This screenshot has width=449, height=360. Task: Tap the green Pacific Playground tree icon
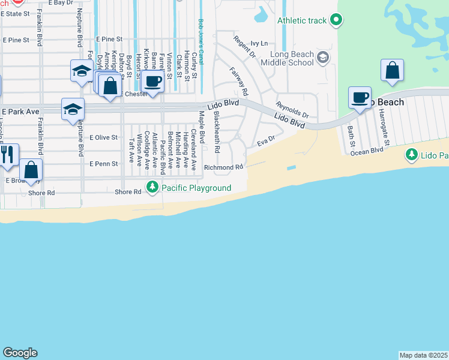[153, 188]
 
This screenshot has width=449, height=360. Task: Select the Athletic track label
[302, 21]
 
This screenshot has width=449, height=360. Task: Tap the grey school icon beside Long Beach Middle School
[323, 58]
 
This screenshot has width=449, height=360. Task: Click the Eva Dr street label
[265, 142]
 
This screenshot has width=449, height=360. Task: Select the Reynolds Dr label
[292, 109]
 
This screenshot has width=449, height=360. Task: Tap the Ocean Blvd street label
[367, 151]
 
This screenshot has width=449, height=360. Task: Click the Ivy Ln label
[259, 43]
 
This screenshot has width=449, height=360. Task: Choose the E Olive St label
[103, 137]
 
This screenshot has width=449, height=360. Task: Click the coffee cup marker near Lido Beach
[361, 98]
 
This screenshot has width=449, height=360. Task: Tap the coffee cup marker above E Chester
[153, 82]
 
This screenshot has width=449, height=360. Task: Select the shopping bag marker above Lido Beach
[392, 70]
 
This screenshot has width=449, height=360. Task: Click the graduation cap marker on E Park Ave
[73, 109]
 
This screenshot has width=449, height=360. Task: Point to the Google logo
[20, 353]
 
